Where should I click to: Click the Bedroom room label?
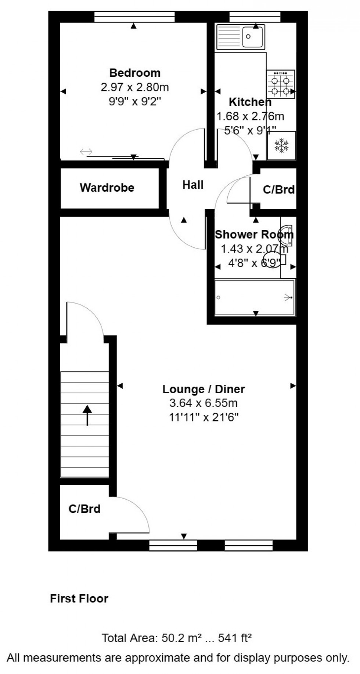click(x=135, y=73)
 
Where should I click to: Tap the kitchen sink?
click(x=241, y=36)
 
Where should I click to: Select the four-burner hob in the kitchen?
click(x=281, y=84)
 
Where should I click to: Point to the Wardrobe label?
click(x=107, y=188)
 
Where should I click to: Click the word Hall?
click(x=193, y=185)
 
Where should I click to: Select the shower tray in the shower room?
click(x=255, y=297)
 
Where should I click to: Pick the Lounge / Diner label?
click(x=204, y=389)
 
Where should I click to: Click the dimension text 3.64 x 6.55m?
click(x=204, y=403)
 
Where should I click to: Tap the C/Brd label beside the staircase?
click(x=84, y=509)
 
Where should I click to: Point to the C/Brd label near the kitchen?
click(x=279, y=189)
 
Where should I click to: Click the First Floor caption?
click(x=79, y=599)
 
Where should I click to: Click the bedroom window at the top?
click(x=134, y=17)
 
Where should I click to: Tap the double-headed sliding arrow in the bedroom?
click(x=86, y=152)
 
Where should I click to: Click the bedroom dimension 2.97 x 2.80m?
click(x=135, y=87)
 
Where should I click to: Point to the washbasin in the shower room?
click(x=287, y=235)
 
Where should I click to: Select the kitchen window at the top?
click(x=255, y=17)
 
